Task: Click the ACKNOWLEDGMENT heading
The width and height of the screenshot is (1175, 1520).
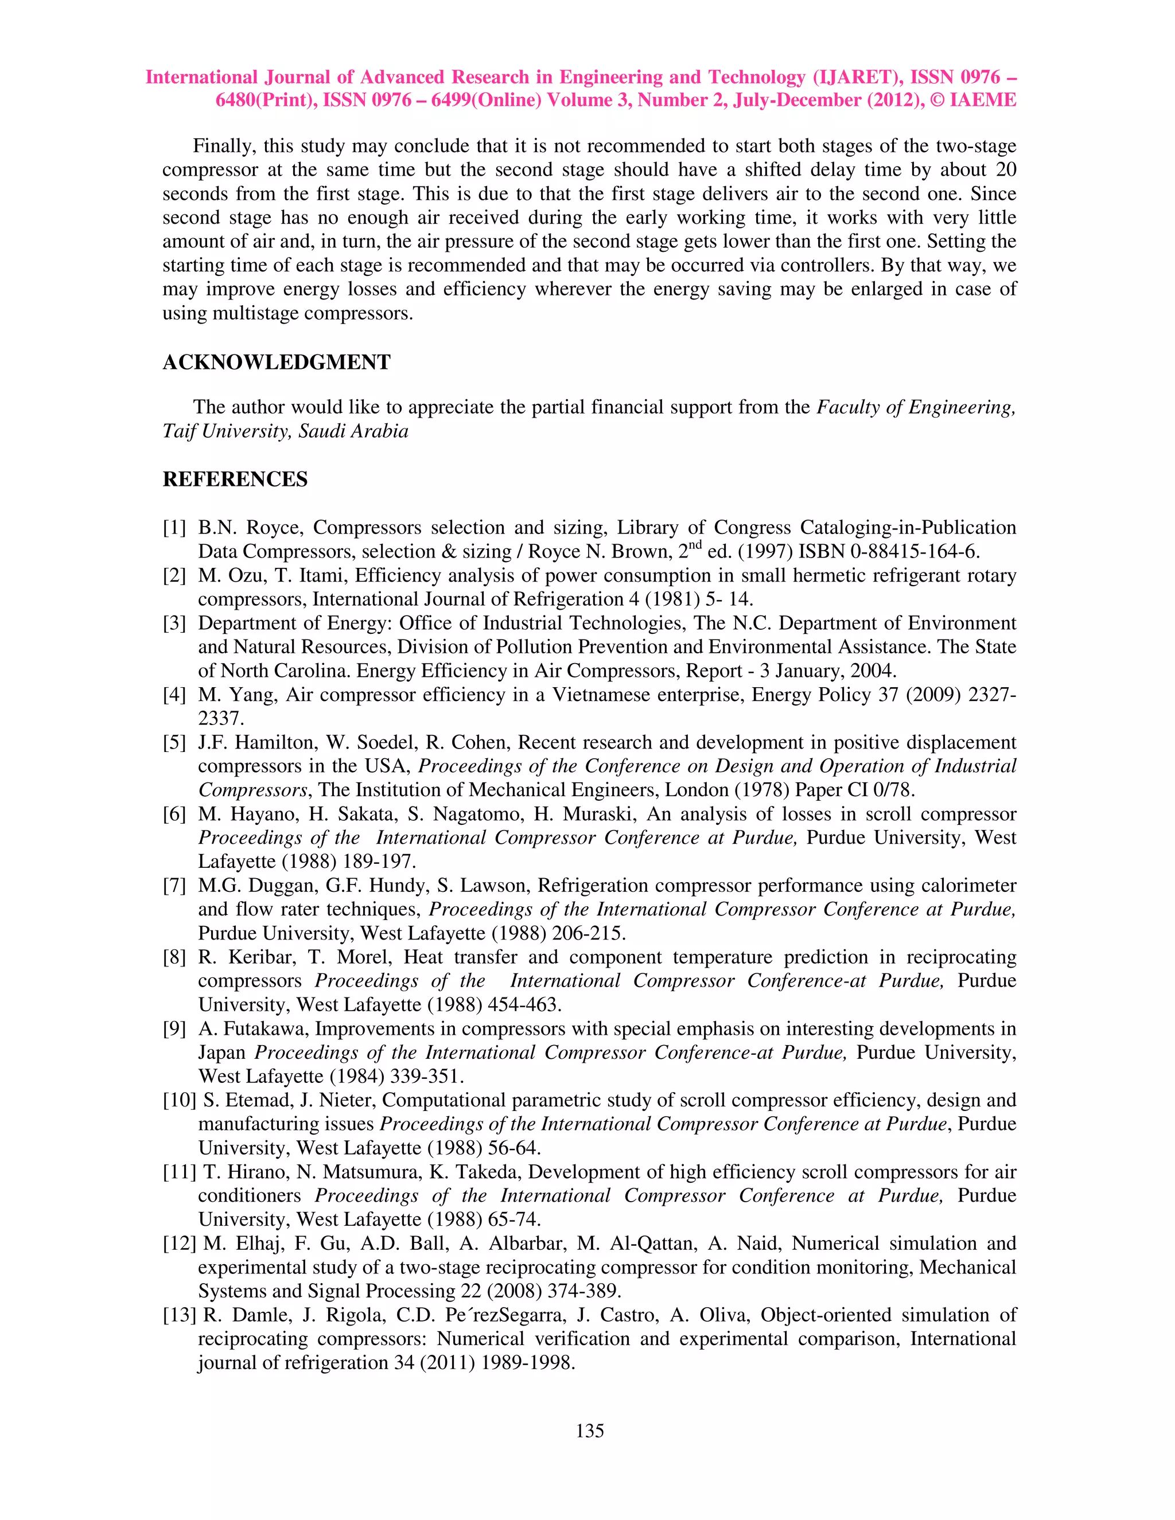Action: pos(277,363)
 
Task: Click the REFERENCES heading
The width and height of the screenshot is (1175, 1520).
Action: pos(235,480)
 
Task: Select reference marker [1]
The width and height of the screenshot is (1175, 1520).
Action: pos(174,528)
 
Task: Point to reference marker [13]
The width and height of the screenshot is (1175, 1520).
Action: pos(180,1315)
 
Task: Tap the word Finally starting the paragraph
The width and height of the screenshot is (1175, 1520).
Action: pos(223,146)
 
